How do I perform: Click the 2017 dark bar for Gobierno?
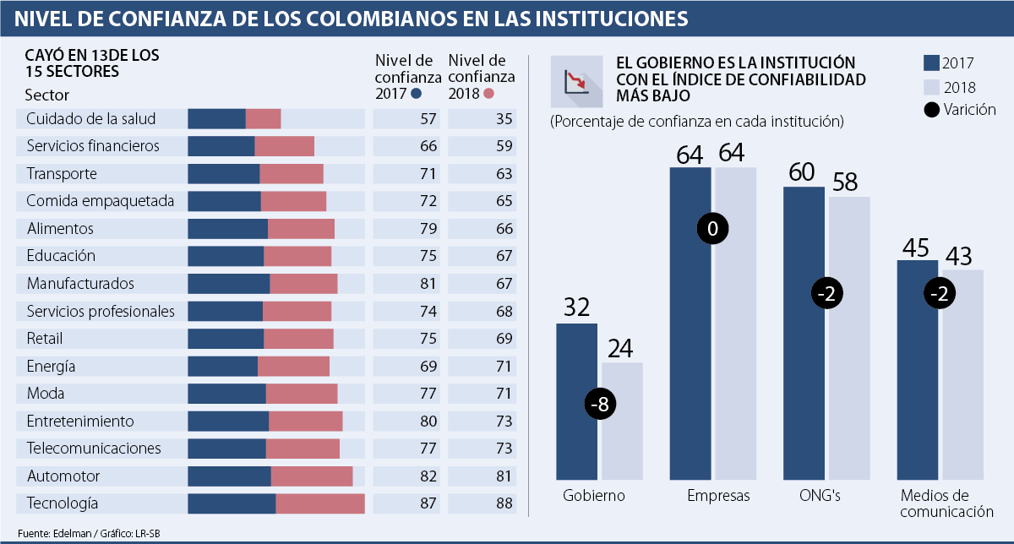(x=576, y=397)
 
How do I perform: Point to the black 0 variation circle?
(x=712, y=229)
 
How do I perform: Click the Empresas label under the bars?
(x=718, y=496)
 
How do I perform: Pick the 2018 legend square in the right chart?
(x=931, y=86)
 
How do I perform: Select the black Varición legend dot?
(x=931, y=110)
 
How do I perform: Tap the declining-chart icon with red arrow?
(x=577, y=83)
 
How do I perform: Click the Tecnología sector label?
(x=63, y=503)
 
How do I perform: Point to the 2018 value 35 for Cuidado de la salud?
(x=504, y=119)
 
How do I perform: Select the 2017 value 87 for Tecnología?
(x=428, y=503)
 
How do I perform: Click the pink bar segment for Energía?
(x=293, y=366)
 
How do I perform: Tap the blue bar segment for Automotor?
(x=229, y=476)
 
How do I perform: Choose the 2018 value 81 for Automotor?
(x=504, y=476)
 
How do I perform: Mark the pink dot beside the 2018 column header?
(x=489, y=94)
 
